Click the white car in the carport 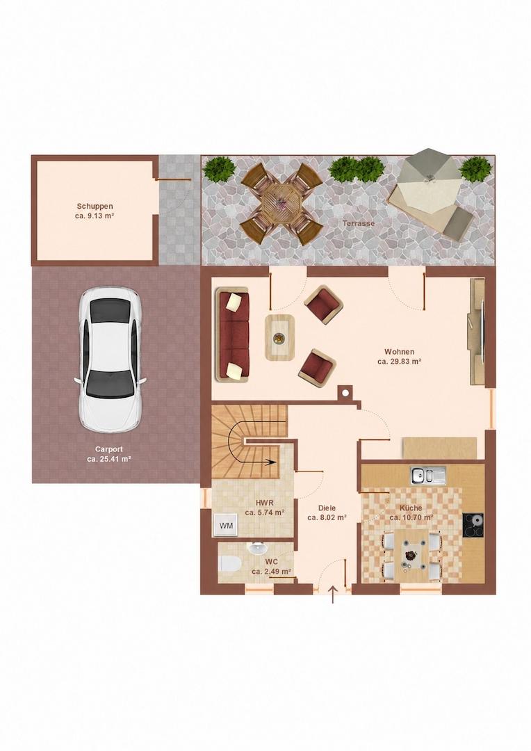[110, 360]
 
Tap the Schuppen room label [95, 207]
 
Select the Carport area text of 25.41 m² [109, 458]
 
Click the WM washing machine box [226, 526]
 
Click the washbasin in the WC [257, 547]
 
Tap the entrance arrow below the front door [333, 595]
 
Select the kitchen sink [427, 475]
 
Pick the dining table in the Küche [411, 555]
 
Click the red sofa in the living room [233, 334]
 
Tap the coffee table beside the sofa [280, 338]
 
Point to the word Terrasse [358, 223]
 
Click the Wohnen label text [400, 352]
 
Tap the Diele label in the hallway [327, 508]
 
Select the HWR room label [264, 503]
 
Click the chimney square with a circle [345, 393]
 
